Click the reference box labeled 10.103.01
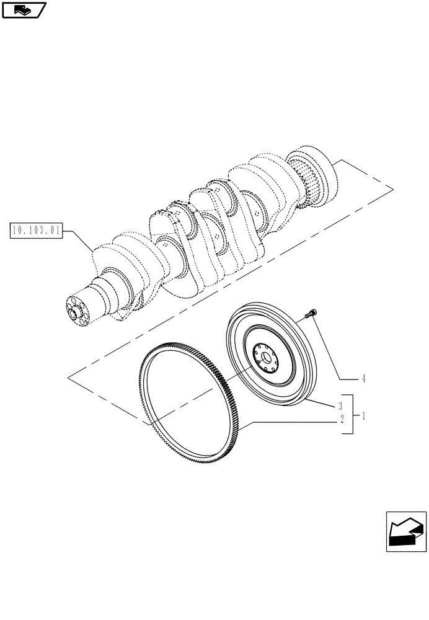point(37,232)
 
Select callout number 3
point(340,406)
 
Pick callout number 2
point(340,419)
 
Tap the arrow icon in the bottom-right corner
point(405,532)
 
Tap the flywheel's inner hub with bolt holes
point(267,359)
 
